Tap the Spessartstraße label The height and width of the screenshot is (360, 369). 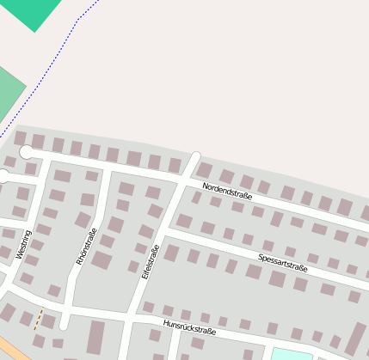point(282,262)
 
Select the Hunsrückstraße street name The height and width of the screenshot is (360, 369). point(188,326)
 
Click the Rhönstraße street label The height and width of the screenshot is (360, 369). point(86,246)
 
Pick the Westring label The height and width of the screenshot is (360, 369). point(23,244)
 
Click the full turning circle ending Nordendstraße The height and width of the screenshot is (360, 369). point(27,152)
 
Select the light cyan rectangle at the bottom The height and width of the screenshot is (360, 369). point(293,354)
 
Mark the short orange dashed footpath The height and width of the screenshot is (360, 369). point(37,319)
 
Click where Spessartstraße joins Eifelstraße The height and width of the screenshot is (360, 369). point(163,229)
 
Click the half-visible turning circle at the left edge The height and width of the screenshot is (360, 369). point(3,177)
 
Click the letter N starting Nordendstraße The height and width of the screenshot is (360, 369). point(206,186)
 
